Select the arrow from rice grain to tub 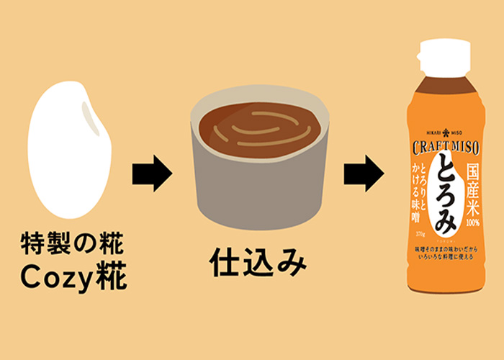[152, 174]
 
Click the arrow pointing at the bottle [363, 174]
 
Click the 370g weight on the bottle [418, 230]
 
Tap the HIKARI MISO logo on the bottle [441, 133]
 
